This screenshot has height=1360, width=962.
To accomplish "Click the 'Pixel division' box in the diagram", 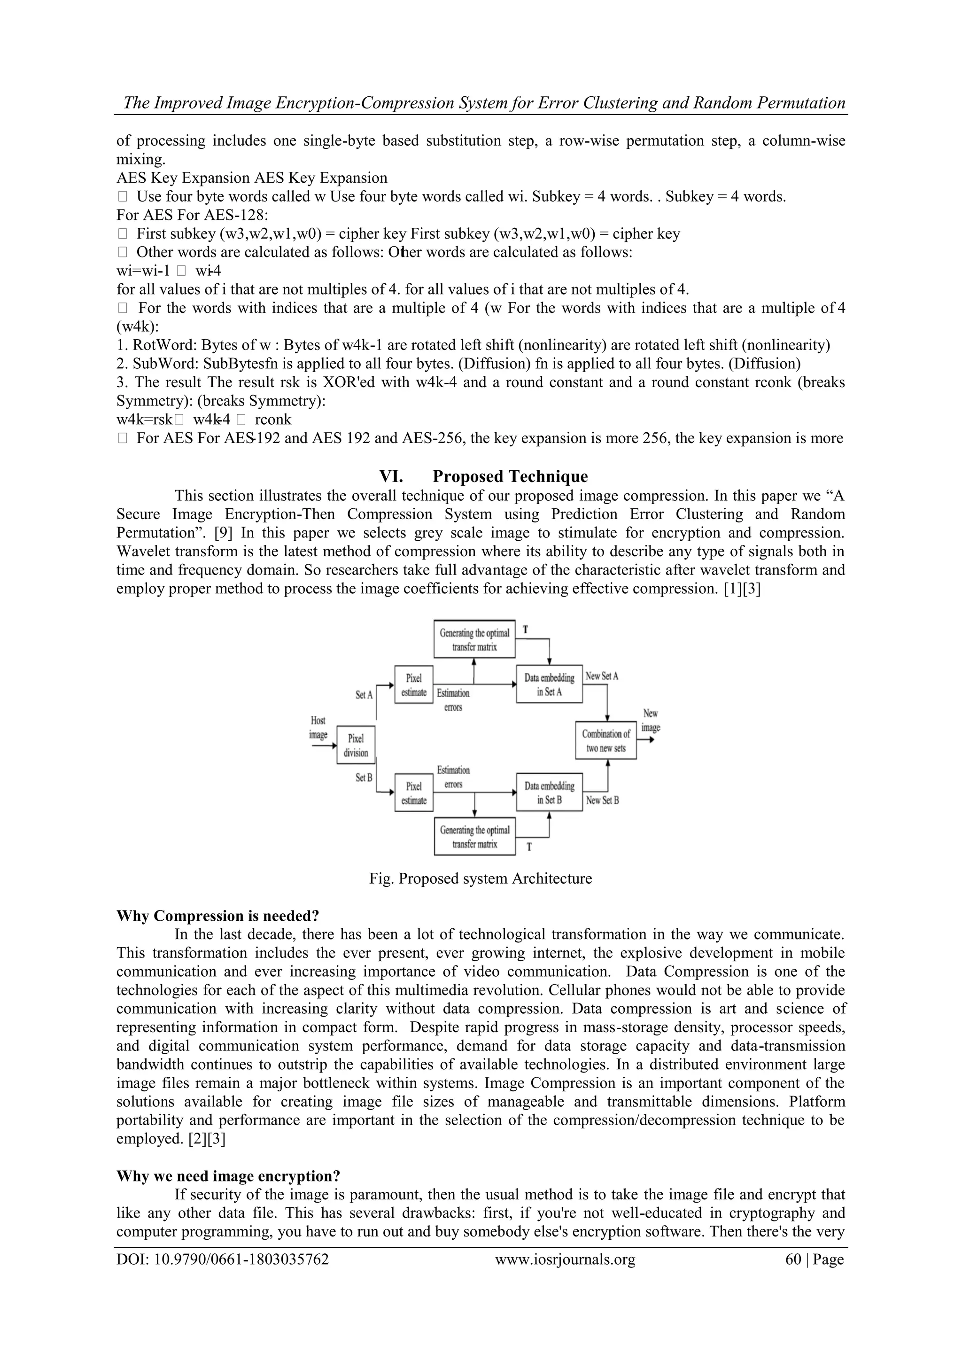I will point(356,745).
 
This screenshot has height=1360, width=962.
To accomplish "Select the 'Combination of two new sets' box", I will point(605,740).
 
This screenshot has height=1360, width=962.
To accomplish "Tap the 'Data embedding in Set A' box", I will point(549,685).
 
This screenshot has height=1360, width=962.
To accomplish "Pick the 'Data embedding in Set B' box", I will point(549,793).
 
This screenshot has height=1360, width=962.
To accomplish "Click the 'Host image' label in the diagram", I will point(318,727).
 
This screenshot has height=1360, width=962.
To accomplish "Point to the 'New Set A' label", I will point(601,676).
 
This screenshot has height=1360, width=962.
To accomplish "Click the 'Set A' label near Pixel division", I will point(364,695).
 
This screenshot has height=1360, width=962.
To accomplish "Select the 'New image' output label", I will point(651,720).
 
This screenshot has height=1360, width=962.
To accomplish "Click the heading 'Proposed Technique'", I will point(510,476).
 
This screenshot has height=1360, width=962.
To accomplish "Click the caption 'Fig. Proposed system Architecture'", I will point(481,878).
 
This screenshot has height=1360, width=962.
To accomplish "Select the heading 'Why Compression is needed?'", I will point(217,916).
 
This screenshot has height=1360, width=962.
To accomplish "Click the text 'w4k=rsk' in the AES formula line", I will point(144,420).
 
